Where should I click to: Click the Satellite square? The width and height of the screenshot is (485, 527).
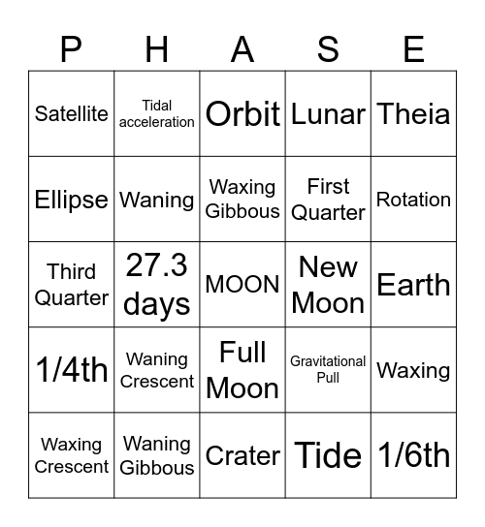(x=72, y=113)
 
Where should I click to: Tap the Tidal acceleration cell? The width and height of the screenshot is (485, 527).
(x=157, y=113)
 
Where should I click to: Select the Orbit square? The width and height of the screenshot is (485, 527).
(x=242, y=113)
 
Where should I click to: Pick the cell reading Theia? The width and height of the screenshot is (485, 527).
(x=413, y=113)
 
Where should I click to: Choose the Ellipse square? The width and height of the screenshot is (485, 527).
(x=72, y=200)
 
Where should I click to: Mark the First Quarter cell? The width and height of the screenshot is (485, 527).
(x=328, y=200)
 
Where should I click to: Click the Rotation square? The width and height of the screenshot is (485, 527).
(x=413, y=200)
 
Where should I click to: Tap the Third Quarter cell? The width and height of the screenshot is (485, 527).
(x=72, y=285)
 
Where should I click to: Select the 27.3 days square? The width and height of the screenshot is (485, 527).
(x=157, y=285)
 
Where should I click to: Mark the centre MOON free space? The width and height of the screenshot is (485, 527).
(x=242, y=285)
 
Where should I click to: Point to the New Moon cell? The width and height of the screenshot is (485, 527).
(x=328, y=285)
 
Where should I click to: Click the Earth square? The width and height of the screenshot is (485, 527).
(x=413, y=285)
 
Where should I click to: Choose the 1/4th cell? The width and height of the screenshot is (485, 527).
(x=72, y=370)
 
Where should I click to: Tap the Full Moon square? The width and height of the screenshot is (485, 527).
(x=242, y=370)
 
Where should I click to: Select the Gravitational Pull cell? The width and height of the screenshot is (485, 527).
(x=328, y=370)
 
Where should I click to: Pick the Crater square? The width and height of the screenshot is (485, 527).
(x=242, y=455)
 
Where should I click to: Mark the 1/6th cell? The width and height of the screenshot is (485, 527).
(x=413, y=455)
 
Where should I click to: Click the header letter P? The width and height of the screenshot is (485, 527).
(x=72, y=48)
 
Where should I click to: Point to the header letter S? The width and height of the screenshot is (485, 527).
(x=328, y=48)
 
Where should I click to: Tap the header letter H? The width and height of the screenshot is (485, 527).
(x=157, y=48)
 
